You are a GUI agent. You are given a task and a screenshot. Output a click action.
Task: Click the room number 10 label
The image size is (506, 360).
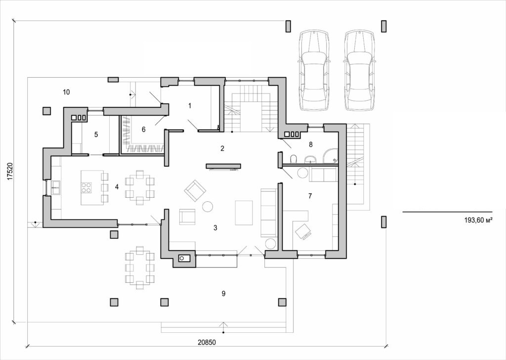coord(66,91)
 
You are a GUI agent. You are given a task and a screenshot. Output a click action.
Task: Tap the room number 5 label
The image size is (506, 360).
coord(96,134)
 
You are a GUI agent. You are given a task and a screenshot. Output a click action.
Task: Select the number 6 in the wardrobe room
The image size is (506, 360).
coord(143,130)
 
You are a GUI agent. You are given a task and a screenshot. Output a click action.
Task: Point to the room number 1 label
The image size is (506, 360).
coord(189,105)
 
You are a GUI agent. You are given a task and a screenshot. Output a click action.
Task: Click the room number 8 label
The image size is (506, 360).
coord(310,144)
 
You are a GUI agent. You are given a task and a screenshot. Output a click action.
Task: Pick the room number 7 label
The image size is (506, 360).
coord(310,196)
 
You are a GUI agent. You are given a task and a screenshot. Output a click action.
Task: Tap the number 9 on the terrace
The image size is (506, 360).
coord(223,294)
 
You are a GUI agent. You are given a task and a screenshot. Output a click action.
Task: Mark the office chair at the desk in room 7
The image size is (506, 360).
coord(302,231)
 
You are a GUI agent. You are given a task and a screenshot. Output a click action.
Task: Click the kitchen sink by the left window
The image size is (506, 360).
coord(55,186)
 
